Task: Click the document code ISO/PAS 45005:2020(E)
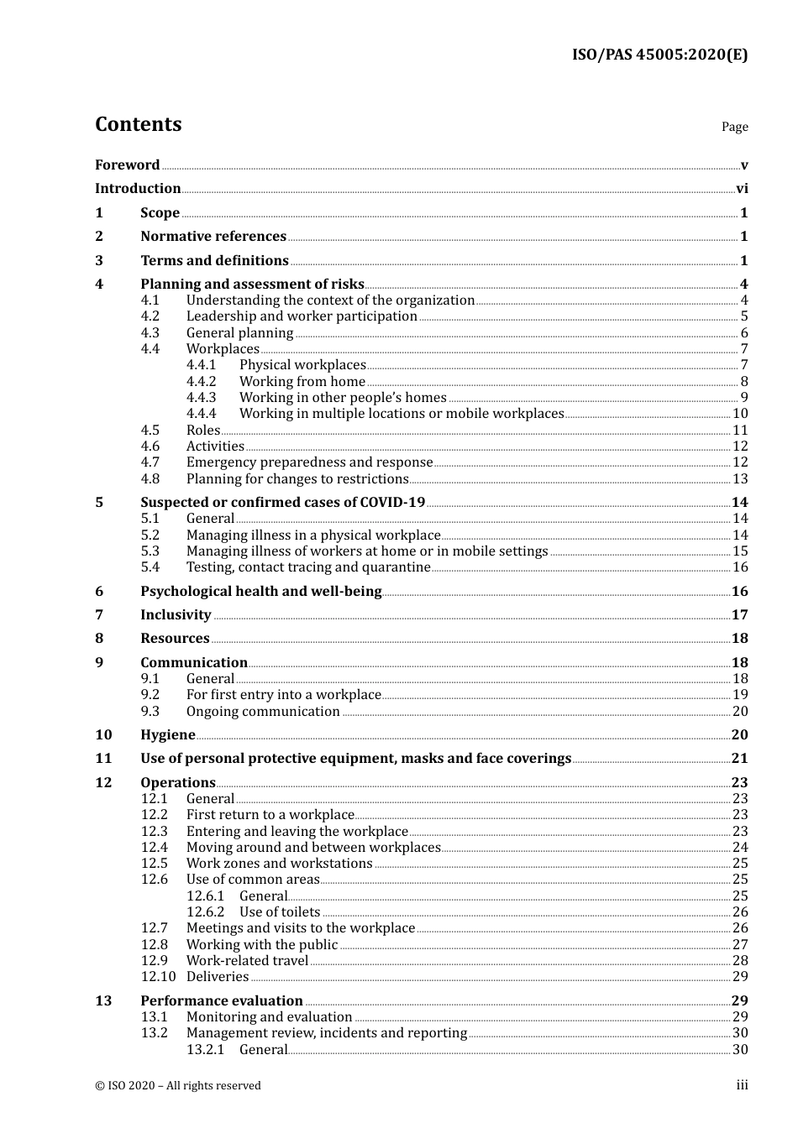(659, 55)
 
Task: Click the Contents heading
(138, 124)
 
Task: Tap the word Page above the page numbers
(734, 127)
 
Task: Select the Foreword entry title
(127, 165)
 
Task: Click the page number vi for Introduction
(742, 189)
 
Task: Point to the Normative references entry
(213, 237)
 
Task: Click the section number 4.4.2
(201, 382)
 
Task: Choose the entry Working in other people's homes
(343, 398)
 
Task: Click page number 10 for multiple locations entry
(740, 414)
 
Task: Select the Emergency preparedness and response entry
(309, 462)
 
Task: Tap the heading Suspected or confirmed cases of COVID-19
(282, 503)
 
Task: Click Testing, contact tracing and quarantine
(308, 567)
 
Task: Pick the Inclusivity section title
(176, 615)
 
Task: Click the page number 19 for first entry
(740, 695)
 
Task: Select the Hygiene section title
(168, 735)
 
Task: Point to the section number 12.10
(158, 977)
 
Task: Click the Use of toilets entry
(280, 912)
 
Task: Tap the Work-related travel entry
(247, 961)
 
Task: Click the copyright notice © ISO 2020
(178, 1086)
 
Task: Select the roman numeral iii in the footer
(742, 1085)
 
